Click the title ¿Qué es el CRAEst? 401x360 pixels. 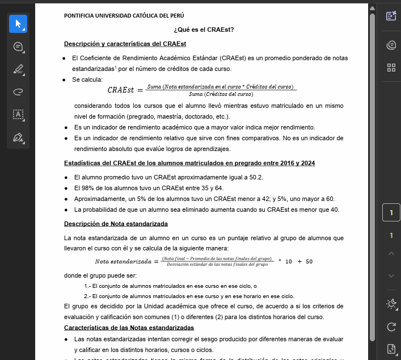coord(204,30)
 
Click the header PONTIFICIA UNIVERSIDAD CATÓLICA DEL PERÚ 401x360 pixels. coord(124,15)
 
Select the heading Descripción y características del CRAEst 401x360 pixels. coord(125,44)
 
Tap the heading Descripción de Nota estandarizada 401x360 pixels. coord(116,224)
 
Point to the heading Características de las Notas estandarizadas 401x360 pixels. coord(129,328)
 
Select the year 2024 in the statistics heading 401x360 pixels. coord(307,163)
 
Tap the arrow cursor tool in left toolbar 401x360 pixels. coord(18,24)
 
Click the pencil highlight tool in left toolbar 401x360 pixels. coord(18,69)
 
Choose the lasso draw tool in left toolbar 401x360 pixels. coord(18,92)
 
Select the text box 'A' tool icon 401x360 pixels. coord(18,115)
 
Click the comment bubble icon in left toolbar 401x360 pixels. coord(18,47)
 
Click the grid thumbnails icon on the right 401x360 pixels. coord(391,68)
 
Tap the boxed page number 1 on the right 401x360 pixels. coord(391,214)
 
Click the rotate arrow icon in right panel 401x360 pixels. coord(391,326)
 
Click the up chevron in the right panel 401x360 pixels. coord(391,254)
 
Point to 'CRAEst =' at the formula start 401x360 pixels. coord(125,90)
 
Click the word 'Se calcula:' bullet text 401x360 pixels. coord(87,79)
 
